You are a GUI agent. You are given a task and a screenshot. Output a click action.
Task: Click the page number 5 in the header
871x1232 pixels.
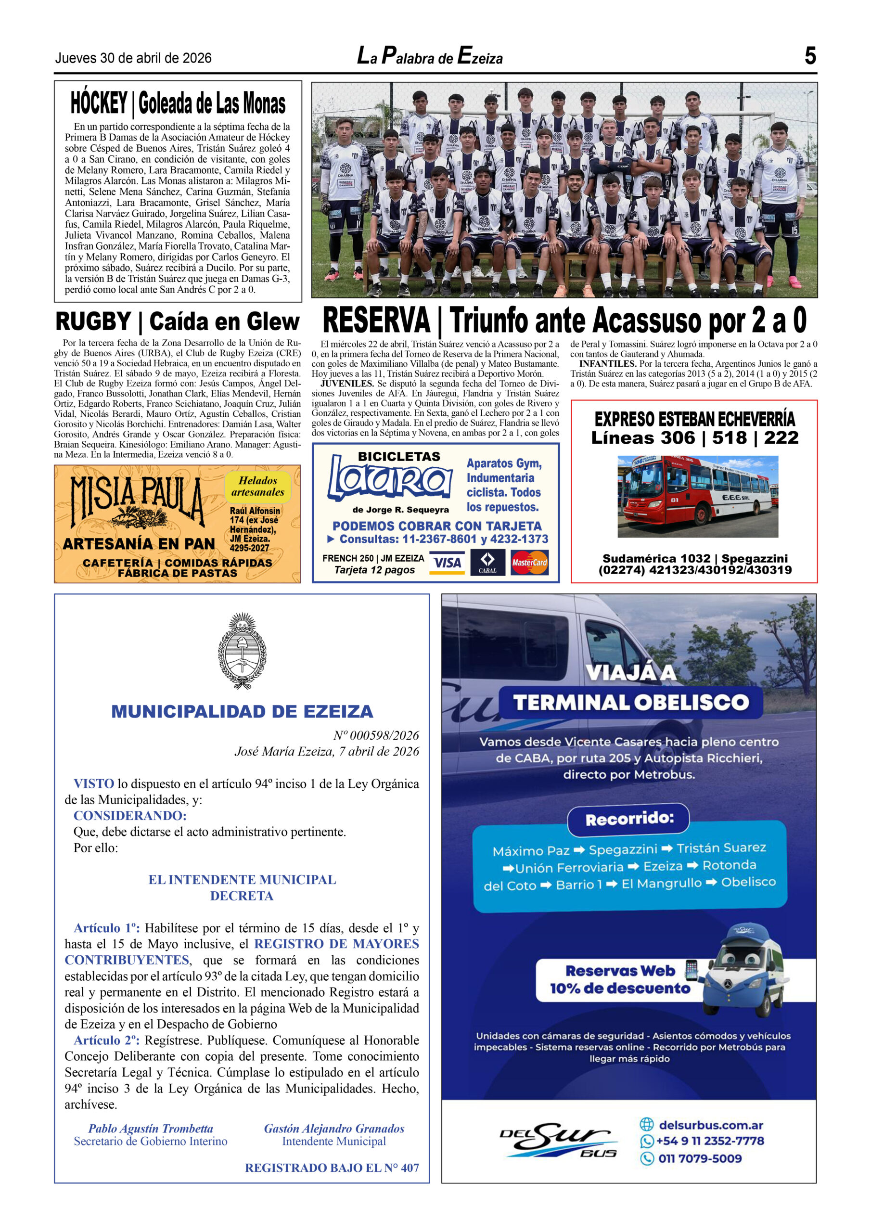[810, 56]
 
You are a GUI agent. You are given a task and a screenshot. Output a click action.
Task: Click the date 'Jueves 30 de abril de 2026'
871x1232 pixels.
[133, 58]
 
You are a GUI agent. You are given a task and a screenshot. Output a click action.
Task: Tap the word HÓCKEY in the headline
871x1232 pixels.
[99, 103]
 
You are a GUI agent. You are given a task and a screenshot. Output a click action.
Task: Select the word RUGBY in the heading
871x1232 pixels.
[93, 321]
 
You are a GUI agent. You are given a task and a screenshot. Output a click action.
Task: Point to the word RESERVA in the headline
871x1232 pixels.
[376, 321]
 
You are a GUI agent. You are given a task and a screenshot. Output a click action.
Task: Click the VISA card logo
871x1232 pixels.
[447, 563]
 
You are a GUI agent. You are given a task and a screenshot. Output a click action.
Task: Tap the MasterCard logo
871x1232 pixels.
[529, 563]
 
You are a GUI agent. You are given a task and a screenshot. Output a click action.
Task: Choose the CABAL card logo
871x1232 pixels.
[487, 563]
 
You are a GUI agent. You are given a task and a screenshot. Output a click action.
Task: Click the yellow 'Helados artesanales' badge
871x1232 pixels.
[257, 486]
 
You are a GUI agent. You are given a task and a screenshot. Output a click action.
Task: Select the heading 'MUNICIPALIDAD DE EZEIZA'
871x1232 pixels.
[242, 711]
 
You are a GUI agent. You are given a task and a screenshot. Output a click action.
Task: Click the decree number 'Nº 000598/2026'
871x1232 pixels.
[376, 735]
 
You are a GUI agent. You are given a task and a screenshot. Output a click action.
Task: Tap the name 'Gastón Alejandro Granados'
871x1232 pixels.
[334, 1129]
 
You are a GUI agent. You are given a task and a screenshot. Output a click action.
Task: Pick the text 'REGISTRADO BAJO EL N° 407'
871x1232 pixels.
[332, 1168]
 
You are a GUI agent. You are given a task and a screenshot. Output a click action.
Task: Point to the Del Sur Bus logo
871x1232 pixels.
[559, 1140]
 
